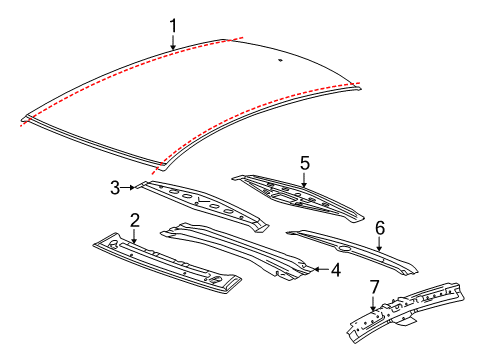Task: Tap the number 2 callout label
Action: coord(134,219)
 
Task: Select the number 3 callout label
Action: coord(115,186)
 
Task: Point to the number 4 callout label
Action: coord(336,269)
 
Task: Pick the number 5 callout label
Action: coord(305,161)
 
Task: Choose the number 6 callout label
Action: coord(379,228)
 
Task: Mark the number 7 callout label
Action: coord(374,288)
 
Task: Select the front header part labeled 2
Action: coord(165,265)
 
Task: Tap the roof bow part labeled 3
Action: coord(205,204)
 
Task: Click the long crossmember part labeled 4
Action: coord(240,250)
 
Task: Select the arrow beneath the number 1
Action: coord(172,41)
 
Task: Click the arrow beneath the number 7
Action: coord(374,303)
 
